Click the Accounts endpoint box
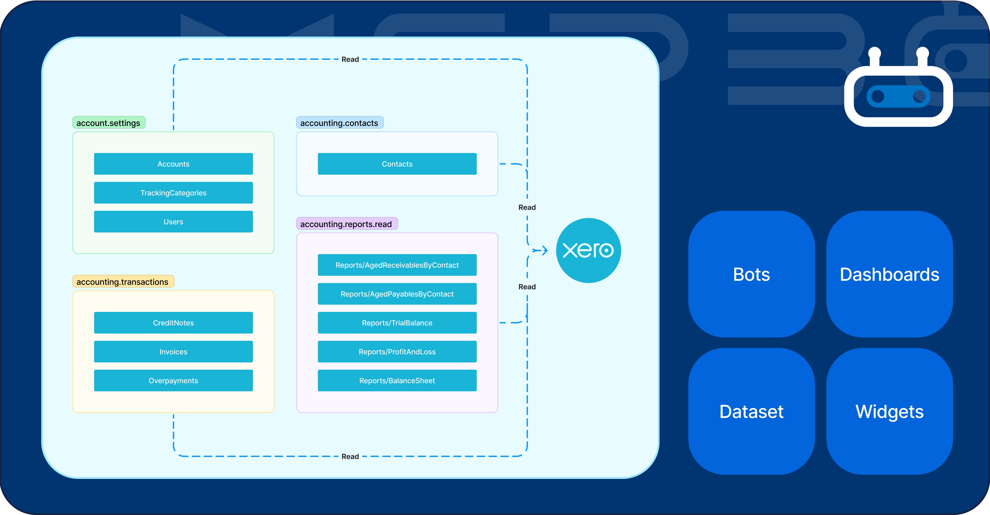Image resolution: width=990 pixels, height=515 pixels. point(173,164)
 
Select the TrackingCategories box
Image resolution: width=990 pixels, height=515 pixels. point(173,193)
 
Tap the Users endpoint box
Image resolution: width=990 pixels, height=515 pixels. point(173,221)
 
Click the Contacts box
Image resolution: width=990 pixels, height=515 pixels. point(397,164)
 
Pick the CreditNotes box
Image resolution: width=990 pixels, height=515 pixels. point(173,322)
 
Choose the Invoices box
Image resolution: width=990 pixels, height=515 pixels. point(173,351)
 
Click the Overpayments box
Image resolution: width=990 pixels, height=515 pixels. point(173,380)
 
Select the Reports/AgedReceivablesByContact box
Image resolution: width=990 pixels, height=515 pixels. point(397,265)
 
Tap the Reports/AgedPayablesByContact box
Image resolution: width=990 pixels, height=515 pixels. point(397,294)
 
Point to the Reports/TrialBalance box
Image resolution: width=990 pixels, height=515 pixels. point(397,322)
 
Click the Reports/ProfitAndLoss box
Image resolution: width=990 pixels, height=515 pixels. point(397,351)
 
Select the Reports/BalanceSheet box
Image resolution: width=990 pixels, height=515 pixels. point(397,380)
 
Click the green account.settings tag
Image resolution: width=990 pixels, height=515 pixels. point(109,123)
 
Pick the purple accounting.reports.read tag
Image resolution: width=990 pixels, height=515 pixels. point(347,224)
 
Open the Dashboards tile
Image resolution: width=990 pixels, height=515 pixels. point(889,274)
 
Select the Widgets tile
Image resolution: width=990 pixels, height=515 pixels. point(889,411)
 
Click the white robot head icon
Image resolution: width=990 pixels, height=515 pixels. point(898,92)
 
